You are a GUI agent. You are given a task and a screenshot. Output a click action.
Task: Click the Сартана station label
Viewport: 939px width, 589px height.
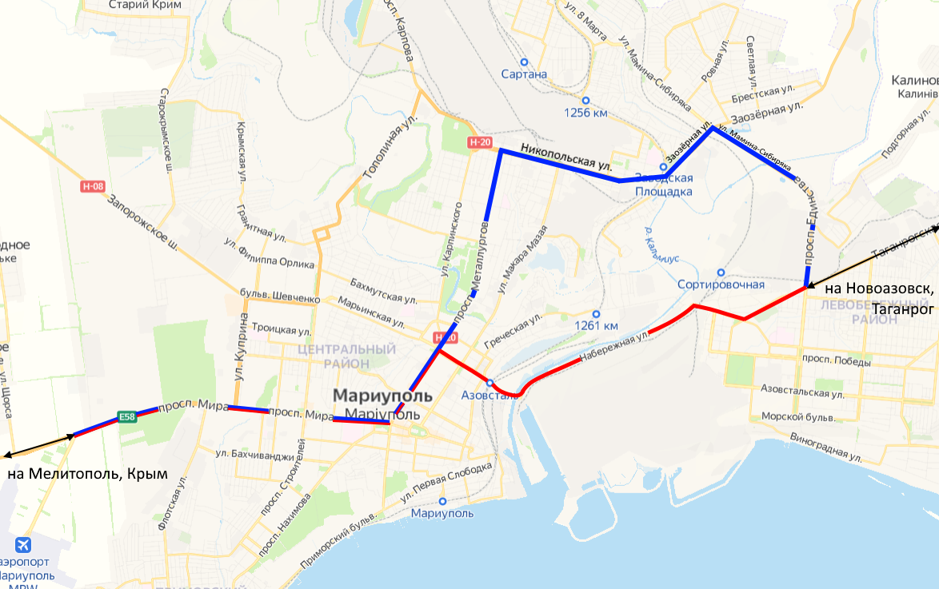(524, 74)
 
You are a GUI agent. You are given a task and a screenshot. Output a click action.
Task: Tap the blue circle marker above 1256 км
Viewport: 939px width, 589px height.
(585, 100)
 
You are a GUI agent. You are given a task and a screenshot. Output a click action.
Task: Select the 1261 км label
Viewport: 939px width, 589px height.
(597, 325)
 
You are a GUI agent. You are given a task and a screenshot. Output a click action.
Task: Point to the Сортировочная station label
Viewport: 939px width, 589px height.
(721, 285)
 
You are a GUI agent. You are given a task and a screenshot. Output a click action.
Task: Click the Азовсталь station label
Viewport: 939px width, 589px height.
(489, 395)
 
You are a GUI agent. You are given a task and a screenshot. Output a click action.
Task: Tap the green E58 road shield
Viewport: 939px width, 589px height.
(126, 416)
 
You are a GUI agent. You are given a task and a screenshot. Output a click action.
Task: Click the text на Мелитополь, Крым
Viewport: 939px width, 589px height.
(88, 473)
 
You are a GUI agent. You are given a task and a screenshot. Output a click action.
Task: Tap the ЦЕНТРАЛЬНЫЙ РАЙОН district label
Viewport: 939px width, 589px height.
(346, 356)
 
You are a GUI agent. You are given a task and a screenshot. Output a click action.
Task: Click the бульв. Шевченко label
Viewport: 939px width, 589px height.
(280, 296)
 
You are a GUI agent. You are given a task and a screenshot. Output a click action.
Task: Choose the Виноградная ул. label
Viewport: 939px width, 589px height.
(825, 448)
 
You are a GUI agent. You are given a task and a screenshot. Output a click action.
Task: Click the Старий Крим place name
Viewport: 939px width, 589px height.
(145, 5)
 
